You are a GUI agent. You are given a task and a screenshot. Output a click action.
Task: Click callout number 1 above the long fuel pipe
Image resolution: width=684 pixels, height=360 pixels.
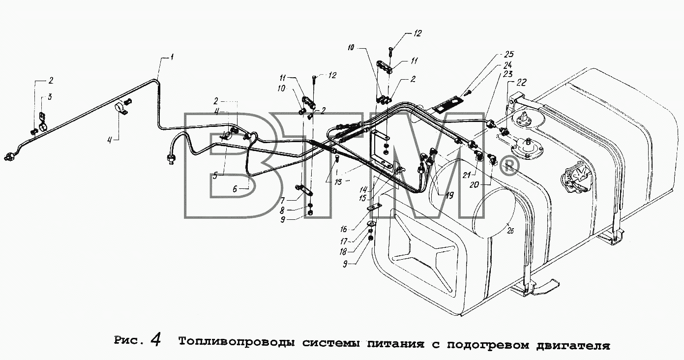point(172,57)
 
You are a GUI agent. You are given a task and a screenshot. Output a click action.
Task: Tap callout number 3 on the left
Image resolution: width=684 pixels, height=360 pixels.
point(49,97)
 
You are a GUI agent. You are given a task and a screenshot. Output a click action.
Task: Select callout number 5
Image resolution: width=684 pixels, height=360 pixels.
point(215,176)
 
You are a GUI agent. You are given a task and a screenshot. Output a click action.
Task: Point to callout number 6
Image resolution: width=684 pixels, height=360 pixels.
point(235,189)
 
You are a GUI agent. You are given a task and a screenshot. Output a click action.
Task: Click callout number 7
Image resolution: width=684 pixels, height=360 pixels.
point(282,201)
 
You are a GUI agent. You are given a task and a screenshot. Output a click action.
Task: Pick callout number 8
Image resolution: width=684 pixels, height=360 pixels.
point(282,210)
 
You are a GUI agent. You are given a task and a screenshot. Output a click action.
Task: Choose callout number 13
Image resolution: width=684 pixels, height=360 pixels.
point(338,182)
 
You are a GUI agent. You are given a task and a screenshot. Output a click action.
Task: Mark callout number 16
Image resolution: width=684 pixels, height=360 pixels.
point(344,229)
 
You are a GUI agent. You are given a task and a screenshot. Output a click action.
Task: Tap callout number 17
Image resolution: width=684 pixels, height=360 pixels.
point(344,241)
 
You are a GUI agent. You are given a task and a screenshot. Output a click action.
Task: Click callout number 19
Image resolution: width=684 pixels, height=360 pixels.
point(449,195)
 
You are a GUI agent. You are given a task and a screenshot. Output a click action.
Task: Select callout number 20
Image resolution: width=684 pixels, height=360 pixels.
point(475,185)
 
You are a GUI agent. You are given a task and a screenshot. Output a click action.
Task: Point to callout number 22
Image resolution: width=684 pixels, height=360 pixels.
point(522,83)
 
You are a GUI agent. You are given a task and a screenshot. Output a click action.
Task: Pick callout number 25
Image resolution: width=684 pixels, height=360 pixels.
point(509,55)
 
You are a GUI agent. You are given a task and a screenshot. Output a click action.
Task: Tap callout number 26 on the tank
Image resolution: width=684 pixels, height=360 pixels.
point(510,231)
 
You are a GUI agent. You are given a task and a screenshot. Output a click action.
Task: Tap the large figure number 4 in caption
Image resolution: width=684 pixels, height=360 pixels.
point(155,340)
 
